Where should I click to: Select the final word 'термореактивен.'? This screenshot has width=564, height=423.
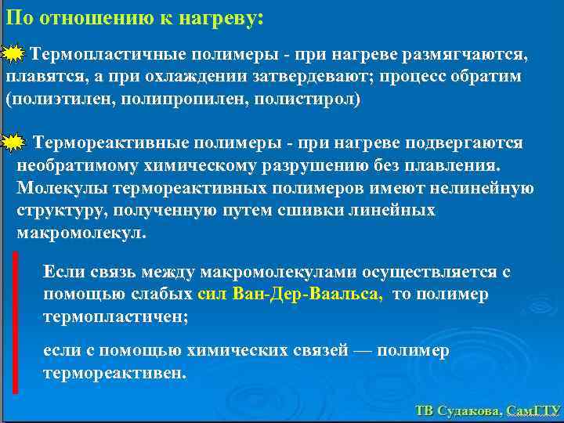click(x=115, y=373)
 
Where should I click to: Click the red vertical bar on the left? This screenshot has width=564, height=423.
click(x=15, y=321)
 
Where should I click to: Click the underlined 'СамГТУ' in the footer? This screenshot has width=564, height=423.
click(x=533, y=411)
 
